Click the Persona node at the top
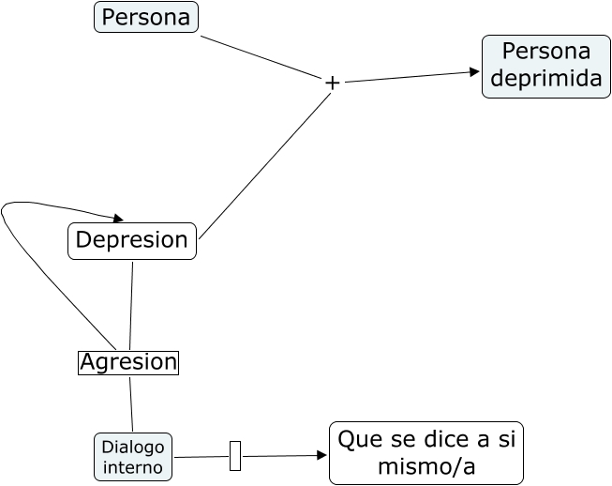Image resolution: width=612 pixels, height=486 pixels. point(146,17)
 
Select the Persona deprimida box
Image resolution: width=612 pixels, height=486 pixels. point(545,66)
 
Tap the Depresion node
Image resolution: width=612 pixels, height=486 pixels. point(132,240)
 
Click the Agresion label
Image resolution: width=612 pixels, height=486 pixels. point(128,362)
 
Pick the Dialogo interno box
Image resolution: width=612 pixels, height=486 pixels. point(133,457)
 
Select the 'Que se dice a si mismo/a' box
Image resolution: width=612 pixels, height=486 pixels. point(425,453)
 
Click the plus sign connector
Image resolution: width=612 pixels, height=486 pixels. point(332,83)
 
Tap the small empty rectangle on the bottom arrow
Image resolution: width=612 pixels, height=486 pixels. point(235,456)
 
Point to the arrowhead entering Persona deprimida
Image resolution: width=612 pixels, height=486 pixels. point(474,71)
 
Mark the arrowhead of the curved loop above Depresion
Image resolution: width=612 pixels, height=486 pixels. point(118,217)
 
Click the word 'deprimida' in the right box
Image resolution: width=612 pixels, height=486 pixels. point(545,79)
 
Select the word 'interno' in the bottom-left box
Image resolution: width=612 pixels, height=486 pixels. point(133,467)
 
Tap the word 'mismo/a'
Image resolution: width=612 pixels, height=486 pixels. point(425,466)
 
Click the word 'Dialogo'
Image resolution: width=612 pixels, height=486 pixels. point(133,447)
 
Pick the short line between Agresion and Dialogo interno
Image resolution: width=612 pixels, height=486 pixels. point(131,404)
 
